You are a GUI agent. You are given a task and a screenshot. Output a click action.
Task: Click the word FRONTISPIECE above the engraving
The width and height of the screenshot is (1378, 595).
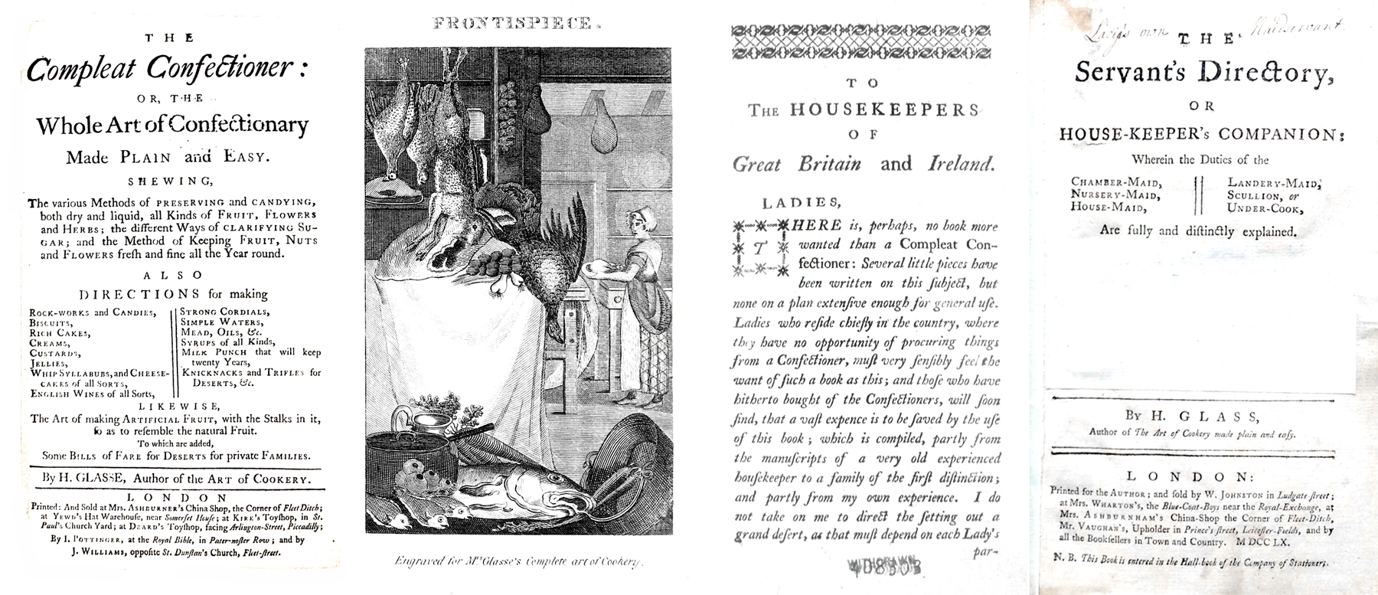pyautogui.click(x=511, y=24)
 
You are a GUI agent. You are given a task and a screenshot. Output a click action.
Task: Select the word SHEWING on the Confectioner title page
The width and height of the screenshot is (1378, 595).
pyautogui.click(x=175, y=181)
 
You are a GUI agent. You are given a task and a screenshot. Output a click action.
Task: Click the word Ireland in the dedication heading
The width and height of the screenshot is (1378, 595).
pyautogui.click(x=961, y=163)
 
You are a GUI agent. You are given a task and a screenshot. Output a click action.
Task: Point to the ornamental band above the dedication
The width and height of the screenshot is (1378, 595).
pyautogui.click(x=862, y=41)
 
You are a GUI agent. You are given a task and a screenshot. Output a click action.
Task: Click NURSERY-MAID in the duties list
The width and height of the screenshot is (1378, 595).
pyautogui.click(x=1115, y=195)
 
